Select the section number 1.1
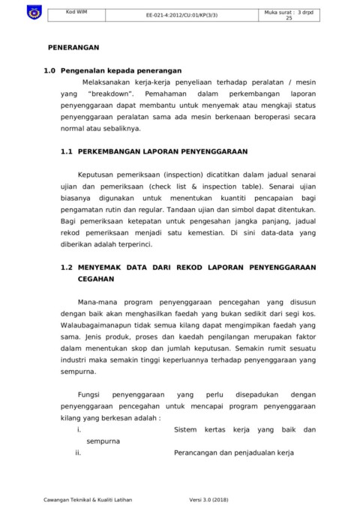coord(65,151)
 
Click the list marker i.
coord(79,429)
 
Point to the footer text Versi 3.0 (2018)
coord(211,498)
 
